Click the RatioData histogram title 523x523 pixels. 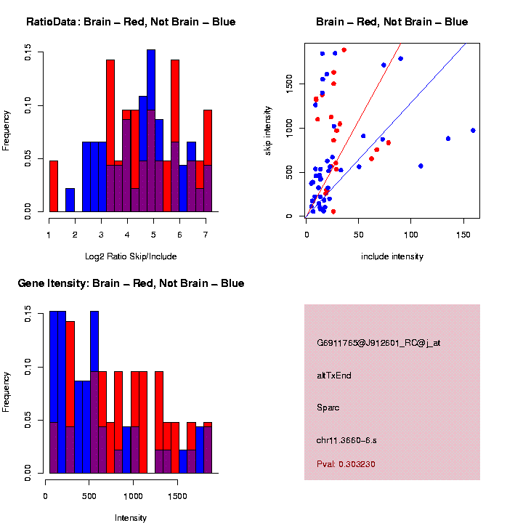[x=131, y=22]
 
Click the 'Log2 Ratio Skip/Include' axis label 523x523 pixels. [x=131, y=256]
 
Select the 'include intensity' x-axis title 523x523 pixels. [x=392, y=256]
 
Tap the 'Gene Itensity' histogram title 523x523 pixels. [x=131, y=283]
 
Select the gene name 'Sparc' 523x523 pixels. [x=328, y=408]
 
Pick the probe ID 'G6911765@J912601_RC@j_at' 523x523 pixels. [x=378, y=343]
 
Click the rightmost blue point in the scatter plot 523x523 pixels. [x=473, y=131]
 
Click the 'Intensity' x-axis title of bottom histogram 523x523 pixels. [x=131, y=518]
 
